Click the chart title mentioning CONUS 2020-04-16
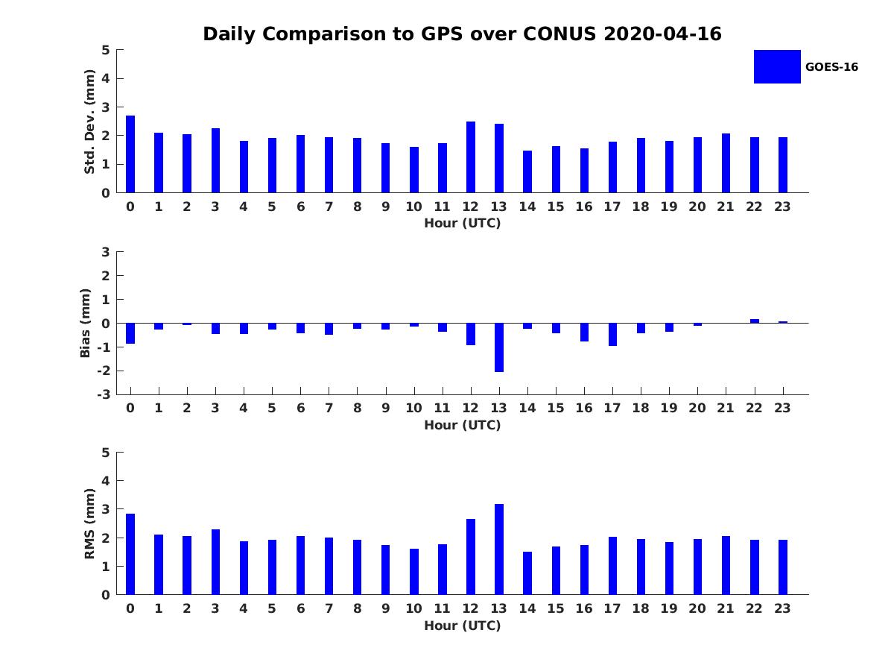462,34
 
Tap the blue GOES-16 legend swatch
777,67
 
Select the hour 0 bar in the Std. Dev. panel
130,154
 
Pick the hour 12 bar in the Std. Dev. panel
471,157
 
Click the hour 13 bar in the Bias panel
499,347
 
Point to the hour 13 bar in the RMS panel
499,549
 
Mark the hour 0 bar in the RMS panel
130,554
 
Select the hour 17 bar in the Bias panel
612,335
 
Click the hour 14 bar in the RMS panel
527,573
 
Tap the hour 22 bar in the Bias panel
755,321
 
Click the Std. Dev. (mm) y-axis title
89,122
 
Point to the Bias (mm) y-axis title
86,323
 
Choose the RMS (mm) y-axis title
89,523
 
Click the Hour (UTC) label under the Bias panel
462,426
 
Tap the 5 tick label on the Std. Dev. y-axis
106,50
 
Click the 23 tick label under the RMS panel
782,608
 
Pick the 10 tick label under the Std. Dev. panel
413,207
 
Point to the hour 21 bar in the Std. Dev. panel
726,163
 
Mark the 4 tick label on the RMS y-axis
106,481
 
